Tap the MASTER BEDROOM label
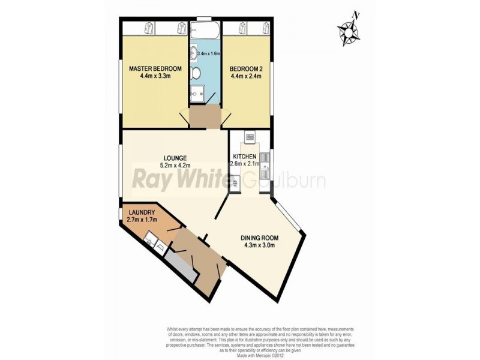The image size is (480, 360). (x=155, y=68)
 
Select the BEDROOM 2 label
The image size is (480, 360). (x=245, y=68)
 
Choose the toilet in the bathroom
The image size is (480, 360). (x=196, y=73)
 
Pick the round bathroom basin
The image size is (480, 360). (x=194, y=52)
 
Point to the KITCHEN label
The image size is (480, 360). (x=244, y=157)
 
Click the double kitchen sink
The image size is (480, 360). (x=265, y=163)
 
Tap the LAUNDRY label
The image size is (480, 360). (x=142, y=212)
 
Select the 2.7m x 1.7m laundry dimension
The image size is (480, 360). (x=142, y=220)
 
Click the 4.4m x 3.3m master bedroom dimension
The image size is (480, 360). (x=155, y=76)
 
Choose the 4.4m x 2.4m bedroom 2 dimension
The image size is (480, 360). (x=245, y=76)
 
